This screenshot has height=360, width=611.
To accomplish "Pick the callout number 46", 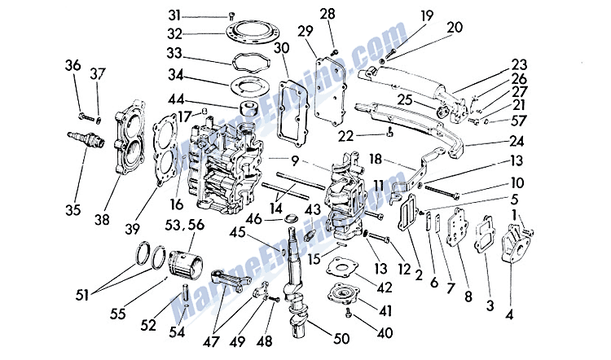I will coord(253,217).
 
